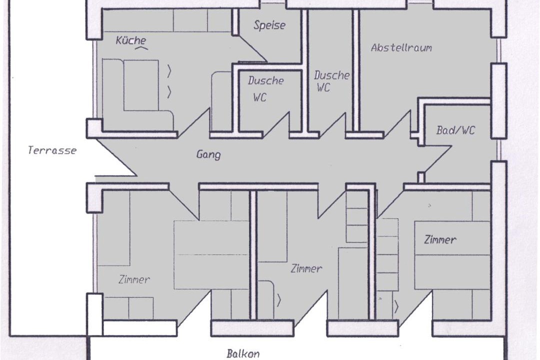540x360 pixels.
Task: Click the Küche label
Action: click(x=131, y=40)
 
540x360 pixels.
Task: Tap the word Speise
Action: click(x=269, y=25)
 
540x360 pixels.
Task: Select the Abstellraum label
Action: click(x=401, y=47)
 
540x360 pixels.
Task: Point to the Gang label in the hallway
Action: click(x=208, y=154)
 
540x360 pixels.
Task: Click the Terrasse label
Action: click(x=52, y=150)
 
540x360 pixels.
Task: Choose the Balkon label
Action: click(x=243, y=353)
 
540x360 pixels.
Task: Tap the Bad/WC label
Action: click(x=455, y=130)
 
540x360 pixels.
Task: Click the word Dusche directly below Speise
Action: click(x=266, y=80)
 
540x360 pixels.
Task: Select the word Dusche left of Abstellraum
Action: click(x=331, y=75)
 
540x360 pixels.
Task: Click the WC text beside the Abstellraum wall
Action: click(x=323, y=87)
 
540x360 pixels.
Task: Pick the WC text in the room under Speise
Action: click(x=259, y=97)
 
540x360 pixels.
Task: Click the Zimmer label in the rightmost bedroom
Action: click(x=440, y=239)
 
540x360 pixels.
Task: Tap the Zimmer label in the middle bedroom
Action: click(x=306, y=268)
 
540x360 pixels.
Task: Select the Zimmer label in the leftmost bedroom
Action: click(x=134, y=279)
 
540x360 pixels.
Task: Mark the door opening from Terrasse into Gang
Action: click(x=115, y=158)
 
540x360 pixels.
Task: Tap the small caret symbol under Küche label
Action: click(x=141, y=48)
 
